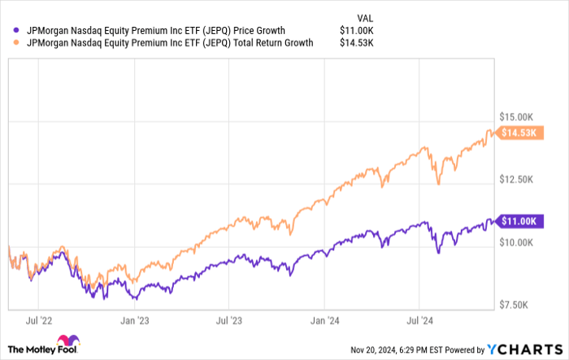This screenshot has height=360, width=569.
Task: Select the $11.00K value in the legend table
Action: pyautogui.click(x=356, y=31)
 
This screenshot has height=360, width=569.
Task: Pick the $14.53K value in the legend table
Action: pyautogui.click(x=356, y=44)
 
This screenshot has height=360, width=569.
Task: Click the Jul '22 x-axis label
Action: pyautogui.click(x=40, y=322)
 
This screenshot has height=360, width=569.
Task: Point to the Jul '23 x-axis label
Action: pyautogui.click(x=230, y=322)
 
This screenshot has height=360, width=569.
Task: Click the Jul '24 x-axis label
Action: pyautogui.click(x=419, y=322)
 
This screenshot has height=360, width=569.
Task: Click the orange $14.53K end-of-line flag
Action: pyautogui.click(x=517, y=132)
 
